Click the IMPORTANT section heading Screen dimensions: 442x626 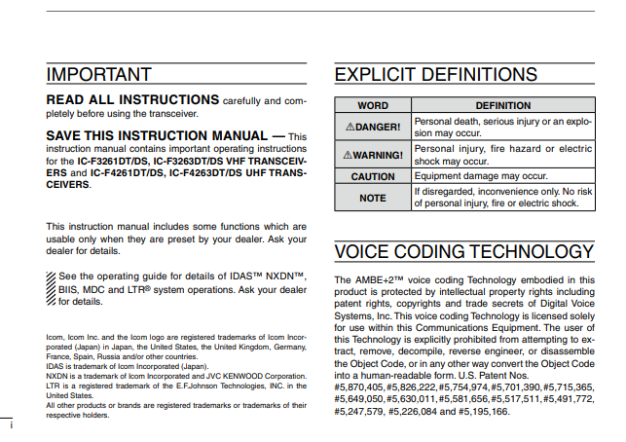98,74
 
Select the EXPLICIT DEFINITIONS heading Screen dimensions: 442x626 435,74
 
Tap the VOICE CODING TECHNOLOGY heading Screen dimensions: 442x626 463,252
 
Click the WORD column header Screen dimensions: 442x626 373,105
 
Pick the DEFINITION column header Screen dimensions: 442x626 502,105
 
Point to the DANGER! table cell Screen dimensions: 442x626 373,127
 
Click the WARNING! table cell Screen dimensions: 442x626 373,155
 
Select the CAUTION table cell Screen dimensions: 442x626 373,177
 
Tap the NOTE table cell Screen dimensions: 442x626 373,198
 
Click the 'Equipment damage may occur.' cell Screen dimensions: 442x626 481,177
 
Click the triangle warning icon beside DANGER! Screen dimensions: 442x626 350,127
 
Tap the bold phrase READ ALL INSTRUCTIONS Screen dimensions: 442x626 132,100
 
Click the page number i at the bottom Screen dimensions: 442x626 11,425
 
